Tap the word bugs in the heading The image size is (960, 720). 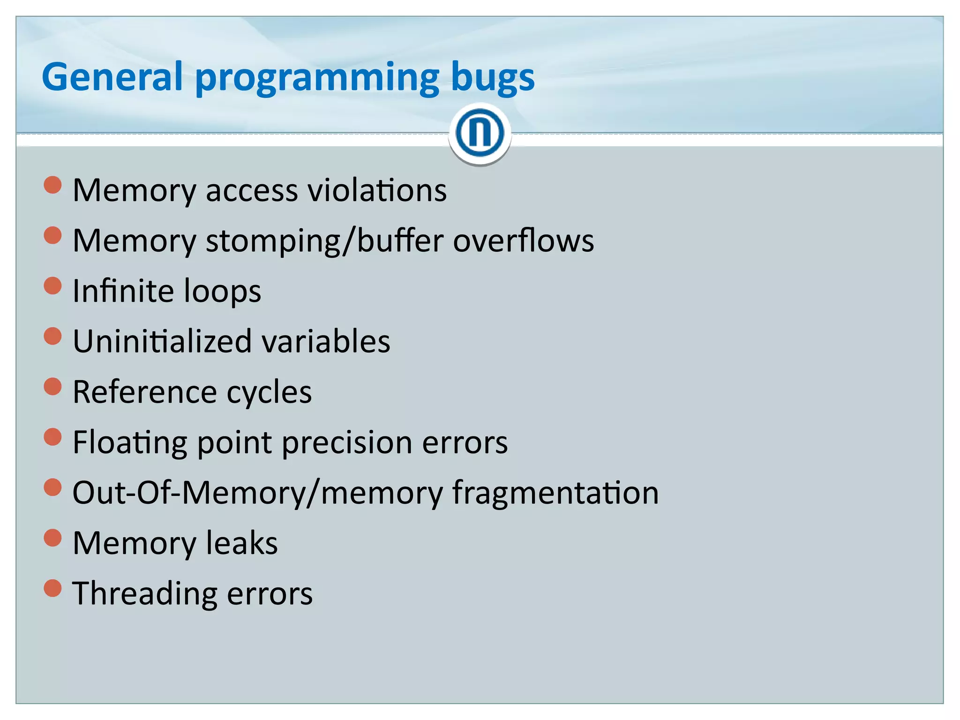point(492,77)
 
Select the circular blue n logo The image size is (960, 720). point(480,133)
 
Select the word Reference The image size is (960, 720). point(145,392)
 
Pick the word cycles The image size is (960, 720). point(269,393)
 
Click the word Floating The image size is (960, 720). point(130,443)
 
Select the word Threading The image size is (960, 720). point(145,594)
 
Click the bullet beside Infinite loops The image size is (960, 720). point(52,285)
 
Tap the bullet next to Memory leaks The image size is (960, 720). point(52,538)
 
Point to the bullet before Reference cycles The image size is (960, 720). point(52,387)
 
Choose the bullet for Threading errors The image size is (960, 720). point(52,588)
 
